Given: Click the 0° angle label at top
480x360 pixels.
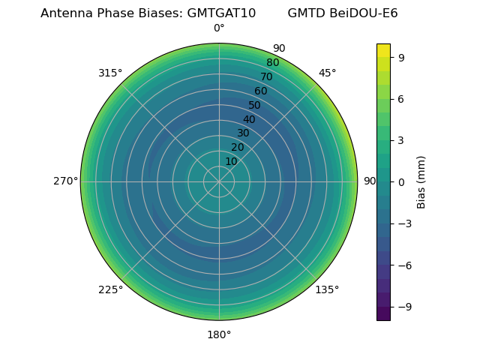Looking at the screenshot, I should coord(219,28).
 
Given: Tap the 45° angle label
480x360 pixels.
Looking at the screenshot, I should coord(327,73).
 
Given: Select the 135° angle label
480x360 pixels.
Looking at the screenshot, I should coord(327,289).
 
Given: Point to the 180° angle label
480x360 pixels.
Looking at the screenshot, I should coord(219,334).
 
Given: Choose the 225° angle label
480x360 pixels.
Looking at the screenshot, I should coord(110,289).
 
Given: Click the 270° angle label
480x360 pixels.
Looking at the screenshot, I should coord(65,181).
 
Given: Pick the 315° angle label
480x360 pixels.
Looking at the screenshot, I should coord(110,73).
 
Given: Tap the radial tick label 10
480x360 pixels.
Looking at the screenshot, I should coord(231,161).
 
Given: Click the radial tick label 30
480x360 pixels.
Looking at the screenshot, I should coord(243,133).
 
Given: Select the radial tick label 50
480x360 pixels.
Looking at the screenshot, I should coord(254,105).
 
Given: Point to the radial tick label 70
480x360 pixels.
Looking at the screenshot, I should coord(266,77).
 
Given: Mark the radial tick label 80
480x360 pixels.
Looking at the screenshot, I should coord(272,63).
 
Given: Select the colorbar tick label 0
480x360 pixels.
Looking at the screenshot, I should coord(401,181).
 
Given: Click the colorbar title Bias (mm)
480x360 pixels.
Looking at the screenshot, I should coord(421,181).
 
